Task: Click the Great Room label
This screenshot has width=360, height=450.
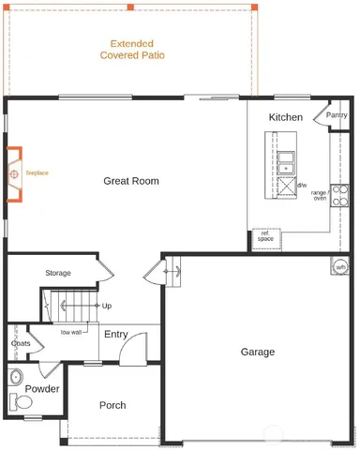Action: point(130,181)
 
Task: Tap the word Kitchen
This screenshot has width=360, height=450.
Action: point(285,117)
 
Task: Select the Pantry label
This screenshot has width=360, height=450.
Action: point(337,115)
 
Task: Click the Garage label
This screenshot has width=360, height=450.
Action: point(257,352)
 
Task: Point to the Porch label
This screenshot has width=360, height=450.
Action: point(112,405)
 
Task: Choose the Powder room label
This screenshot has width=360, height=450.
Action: point(42,388)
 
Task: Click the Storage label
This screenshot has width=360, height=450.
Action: point(58,273)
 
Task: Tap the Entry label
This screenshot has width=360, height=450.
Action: point(116,334)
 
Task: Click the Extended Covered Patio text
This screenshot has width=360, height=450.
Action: point(131,50)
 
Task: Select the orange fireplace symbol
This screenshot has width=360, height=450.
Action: point(15,173)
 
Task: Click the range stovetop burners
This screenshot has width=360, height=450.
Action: point(340,195)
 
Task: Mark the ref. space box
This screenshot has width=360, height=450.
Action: point(265,236)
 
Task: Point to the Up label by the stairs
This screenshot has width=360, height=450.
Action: point(106,306)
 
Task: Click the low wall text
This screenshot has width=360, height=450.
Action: point(71,332)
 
